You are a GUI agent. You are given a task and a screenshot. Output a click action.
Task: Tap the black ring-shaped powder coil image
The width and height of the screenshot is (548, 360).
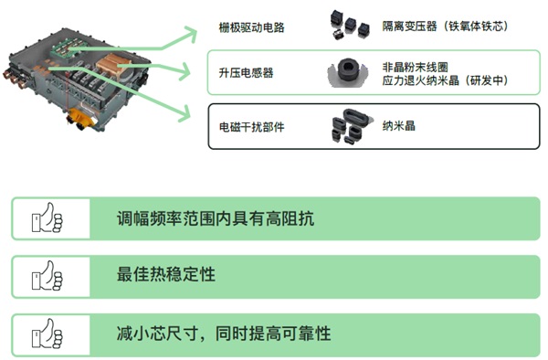346,71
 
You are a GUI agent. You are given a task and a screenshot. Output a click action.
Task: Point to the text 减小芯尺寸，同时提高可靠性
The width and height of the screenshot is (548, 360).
224,332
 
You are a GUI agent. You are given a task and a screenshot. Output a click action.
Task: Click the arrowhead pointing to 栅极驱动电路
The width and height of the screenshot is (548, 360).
189,34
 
